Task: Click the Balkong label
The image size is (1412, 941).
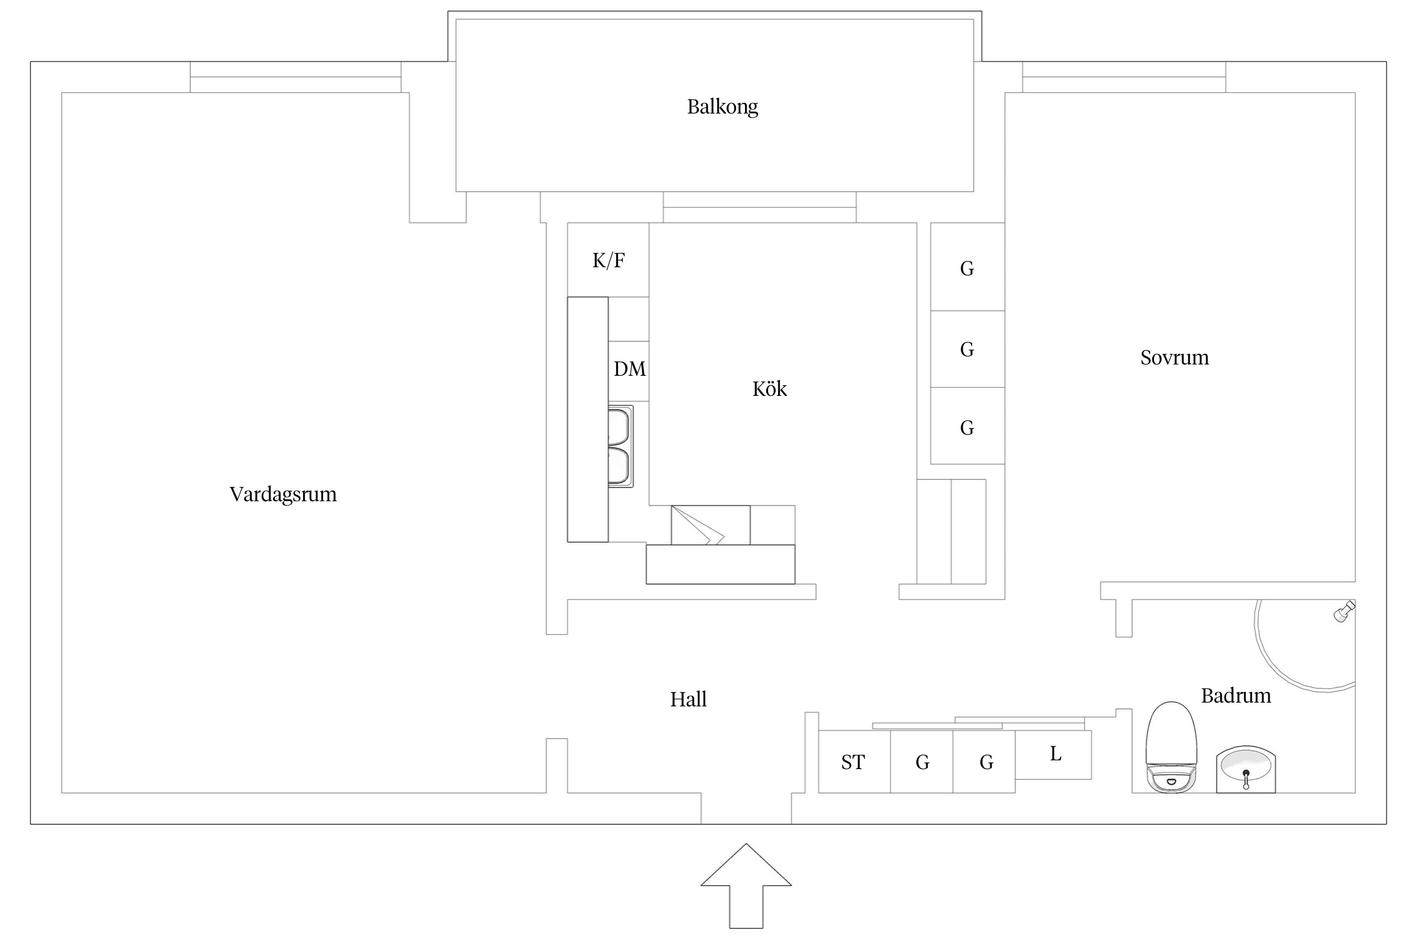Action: (722, 107)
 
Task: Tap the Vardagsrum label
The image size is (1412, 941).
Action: (283, 494)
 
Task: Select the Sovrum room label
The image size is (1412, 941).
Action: (1174, 358)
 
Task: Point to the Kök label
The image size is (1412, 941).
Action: (769, 389)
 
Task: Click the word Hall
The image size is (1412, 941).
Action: (688, 699)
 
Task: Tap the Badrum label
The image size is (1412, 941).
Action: (1236, 696)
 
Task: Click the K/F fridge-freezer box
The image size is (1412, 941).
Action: (608, 260)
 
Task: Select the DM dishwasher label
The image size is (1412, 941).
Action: (629, 369)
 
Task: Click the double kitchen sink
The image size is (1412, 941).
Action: (621, 446)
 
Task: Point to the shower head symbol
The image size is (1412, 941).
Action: (1344, 612)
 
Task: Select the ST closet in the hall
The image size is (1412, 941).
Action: (853, 762)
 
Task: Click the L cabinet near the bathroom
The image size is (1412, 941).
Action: (1054, 755)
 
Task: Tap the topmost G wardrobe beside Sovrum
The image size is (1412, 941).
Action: (967, 268)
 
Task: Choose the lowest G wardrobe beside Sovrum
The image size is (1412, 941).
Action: (967, 427)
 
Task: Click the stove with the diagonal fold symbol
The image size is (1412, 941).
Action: (710, 525)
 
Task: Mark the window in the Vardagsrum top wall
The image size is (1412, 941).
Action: (296, 77)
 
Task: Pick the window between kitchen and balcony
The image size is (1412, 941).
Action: (759, 208)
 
